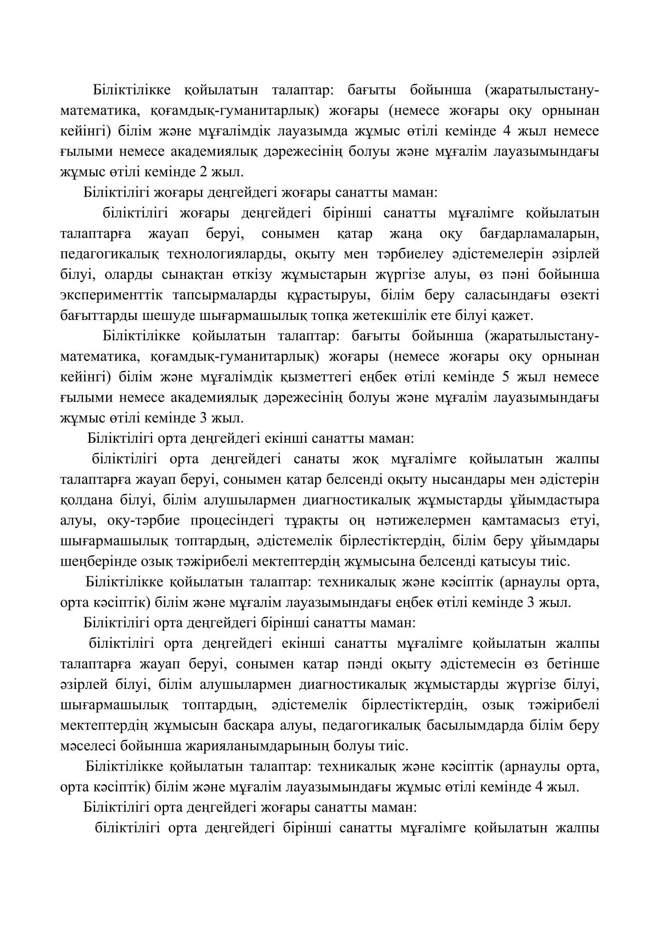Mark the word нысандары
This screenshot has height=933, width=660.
pos(456,479)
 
